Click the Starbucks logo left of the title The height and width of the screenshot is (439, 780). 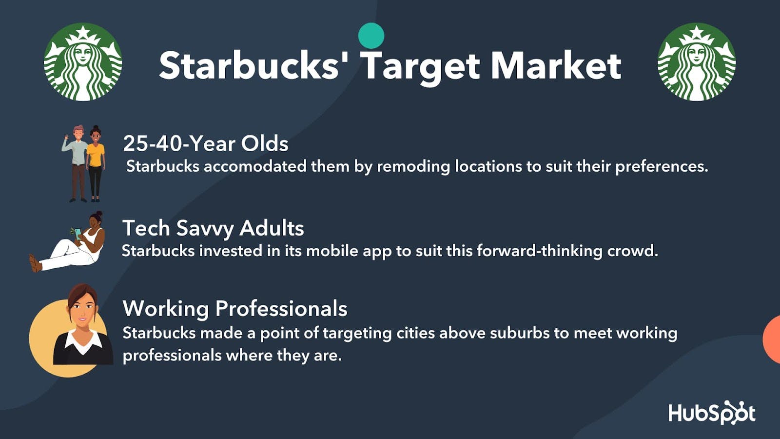(x=83, y=62)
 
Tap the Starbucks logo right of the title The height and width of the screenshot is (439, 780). (x=697, y=62)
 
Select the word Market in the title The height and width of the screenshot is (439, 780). (x=556, y=66)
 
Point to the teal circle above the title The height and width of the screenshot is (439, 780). (x=371, y=36)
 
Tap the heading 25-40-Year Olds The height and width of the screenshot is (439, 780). (x=206, y=143)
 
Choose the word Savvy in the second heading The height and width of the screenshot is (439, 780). (x=205, y=229)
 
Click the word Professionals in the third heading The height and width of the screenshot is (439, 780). (x=281, y=309)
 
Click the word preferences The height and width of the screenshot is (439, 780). (x=662, y=167)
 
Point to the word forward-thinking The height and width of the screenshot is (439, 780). (x=539, y=252)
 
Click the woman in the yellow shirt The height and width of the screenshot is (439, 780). (x=96, y=163)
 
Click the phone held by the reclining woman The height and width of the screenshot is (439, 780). (x=78, y=234)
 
